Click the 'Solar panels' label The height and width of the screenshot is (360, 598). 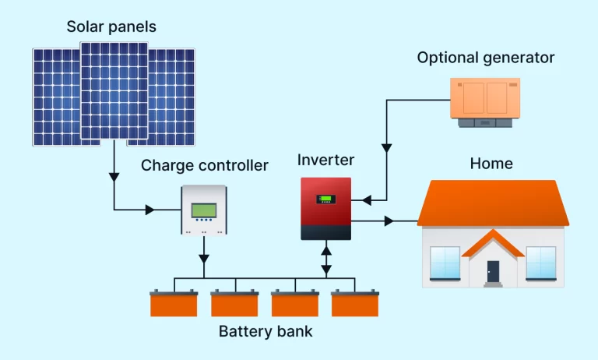111,26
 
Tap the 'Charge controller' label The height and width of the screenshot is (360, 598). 205,165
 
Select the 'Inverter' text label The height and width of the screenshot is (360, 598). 325,161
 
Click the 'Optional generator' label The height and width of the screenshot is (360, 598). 486,58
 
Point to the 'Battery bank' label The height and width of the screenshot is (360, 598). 266,331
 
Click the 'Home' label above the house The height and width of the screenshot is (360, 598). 491,164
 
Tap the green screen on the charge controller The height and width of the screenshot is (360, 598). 204,210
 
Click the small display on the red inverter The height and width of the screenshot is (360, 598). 326,199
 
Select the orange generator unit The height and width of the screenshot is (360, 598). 484,100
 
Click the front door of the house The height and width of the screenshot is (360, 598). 493,271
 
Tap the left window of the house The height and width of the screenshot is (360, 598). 445,263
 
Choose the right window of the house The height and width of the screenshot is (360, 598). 540,263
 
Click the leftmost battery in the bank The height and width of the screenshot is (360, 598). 174,303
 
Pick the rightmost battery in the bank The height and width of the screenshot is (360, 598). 354,303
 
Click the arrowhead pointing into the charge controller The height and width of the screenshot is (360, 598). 150,210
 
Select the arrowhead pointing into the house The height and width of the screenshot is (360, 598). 389,221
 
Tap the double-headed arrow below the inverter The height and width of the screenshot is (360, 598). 326,259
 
